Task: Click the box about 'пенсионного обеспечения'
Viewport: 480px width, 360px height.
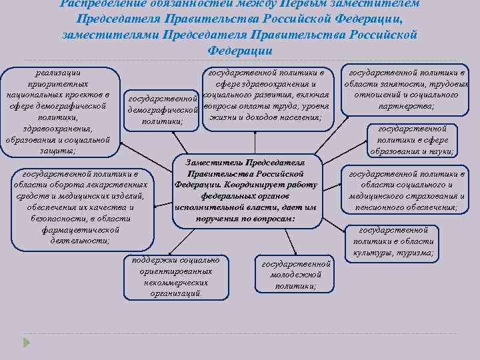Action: click(x=407, y=190)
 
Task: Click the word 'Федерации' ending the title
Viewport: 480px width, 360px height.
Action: click(x=240, y=51)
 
